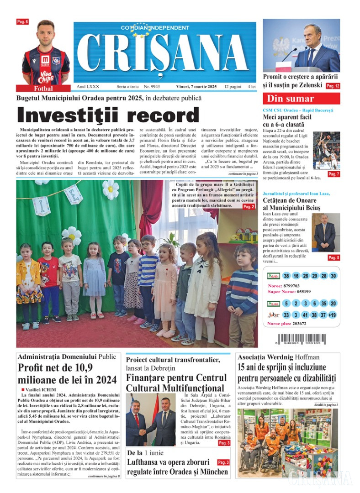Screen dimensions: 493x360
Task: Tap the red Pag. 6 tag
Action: (x=22, y=21)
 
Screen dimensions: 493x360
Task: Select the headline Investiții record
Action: (x=108, y=115)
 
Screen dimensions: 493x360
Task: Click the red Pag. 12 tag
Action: (x=333, y=86)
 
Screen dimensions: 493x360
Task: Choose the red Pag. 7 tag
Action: (x=334, y=174)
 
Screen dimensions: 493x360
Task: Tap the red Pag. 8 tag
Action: (x=334, y=258)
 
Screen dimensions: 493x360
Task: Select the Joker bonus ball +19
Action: (x=333, y=315)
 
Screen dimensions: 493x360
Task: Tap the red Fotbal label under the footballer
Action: (x=43, y=89)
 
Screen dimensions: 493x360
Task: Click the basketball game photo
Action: (x=326, y=151)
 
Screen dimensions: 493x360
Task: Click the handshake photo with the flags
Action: (x=151, y=420)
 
